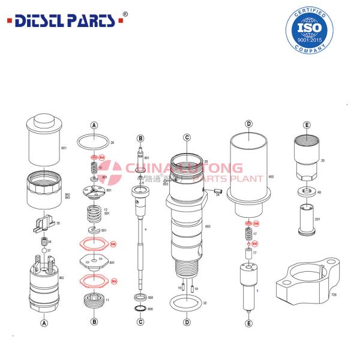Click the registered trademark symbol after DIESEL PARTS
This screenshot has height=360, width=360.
[x=125, y=13]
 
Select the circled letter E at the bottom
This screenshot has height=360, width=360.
[x=248, y=323]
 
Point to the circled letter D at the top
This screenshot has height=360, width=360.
[x=248, y=124]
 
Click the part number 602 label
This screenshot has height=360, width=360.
[x=271, y=177]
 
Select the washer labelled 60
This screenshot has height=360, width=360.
[x=307, y=193]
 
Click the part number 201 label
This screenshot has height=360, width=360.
[x=317, y=219]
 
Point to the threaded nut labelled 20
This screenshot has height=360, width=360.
[x=307, y=158]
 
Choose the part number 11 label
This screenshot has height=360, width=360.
[x=107, y=300]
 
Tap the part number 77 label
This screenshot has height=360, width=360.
[x=254, y=253]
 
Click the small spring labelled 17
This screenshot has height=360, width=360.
[x=247, y=234]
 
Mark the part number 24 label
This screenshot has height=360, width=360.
[x=218, y=194]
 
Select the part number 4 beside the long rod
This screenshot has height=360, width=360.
[x=145, y=230]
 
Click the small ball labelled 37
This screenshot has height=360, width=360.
[x=43, y=251]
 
